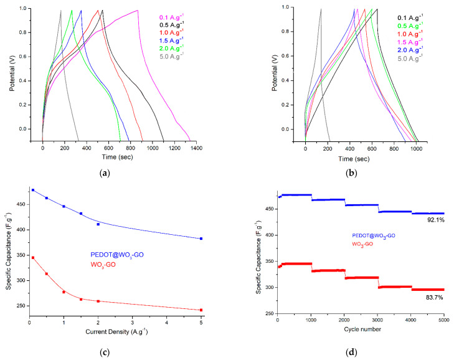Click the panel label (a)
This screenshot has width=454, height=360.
(x=122, y=171)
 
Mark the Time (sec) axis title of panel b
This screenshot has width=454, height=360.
(x=360, y=159)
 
